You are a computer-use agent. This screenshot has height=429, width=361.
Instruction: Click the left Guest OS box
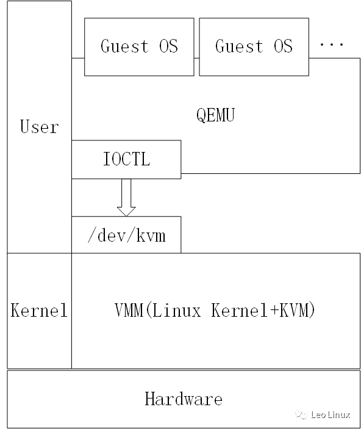click(139, 46)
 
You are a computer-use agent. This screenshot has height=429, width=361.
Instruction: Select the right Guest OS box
click(254, 46)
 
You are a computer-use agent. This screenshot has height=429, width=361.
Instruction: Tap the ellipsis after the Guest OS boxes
click(331, 45)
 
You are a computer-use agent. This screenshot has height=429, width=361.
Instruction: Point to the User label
click(39, 127)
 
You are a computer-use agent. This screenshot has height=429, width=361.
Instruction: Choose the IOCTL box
click(126, 160)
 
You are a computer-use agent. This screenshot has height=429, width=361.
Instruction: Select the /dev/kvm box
click(126, 235)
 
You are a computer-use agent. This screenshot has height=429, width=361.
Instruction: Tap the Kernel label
click(39, 311)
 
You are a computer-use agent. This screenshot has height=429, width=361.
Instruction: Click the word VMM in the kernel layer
click(129, 311)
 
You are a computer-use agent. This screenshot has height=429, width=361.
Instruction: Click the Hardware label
click(184, 400)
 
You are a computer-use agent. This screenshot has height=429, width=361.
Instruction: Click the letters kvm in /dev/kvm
click(152, 236)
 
